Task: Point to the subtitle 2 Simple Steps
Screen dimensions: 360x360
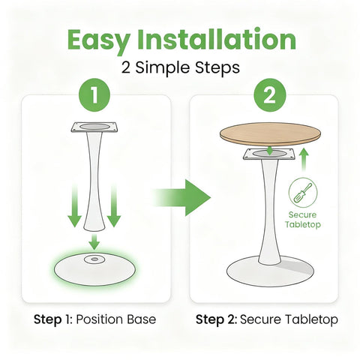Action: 180,67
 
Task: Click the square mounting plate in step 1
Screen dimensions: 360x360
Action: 93,128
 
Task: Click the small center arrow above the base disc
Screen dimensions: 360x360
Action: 94,242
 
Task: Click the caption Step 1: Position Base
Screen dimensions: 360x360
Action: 95,319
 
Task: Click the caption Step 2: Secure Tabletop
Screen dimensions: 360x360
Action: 266,319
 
